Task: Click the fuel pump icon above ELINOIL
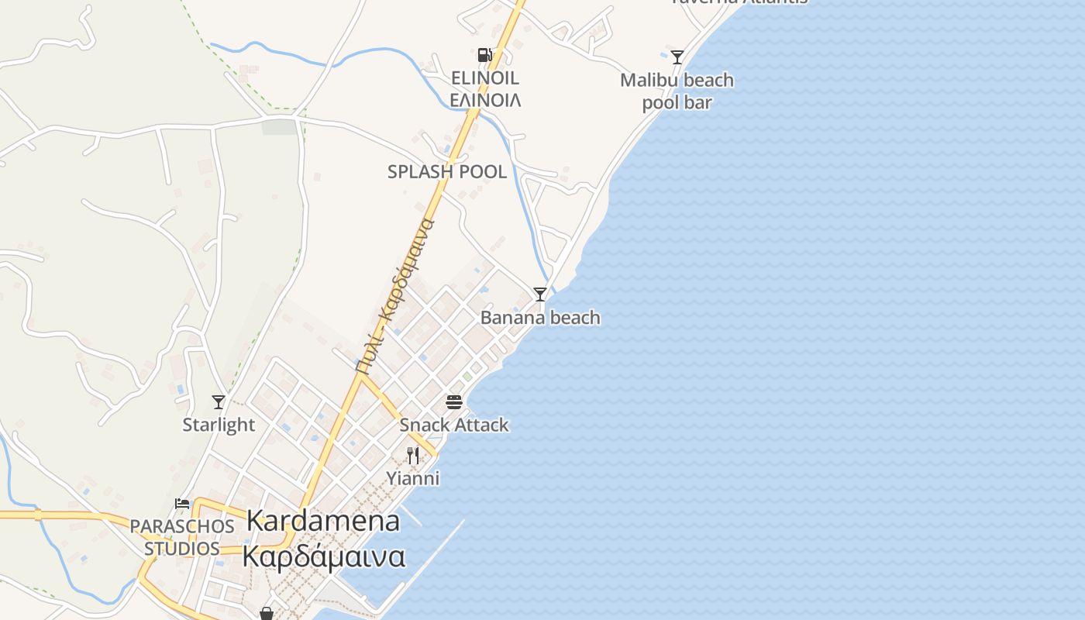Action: click(484, 55)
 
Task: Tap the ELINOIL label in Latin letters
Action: click(484, 78)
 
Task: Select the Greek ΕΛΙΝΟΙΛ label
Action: click(485, 100)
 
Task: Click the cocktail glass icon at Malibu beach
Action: click(677, 57)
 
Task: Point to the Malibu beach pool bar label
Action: click(677, 91)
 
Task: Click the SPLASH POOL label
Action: click(447, 172)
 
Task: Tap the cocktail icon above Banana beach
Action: click(540, 294)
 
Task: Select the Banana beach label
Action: click(540, 318)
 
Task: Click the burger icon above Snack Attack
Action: click(454, 402)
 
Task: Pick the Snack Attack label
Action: click(454, 425)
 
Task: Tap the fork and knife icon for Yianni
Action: click(413, 456)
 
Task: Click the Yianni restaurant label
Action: click(413, 479)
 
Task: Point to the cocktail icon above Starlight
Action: click(219, 402)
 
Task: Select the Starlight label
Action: click(219, 425)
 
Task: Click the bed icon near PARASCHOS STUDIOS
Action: click(182, 504)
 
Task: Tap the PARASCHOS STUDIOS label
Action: click(182, 537)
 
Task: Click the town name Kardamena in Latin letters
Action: click(323, 521)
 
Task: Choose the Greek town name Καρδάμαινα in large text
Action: click(323, 556)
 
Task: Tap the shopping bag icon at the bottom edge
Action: click(267, 614)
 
